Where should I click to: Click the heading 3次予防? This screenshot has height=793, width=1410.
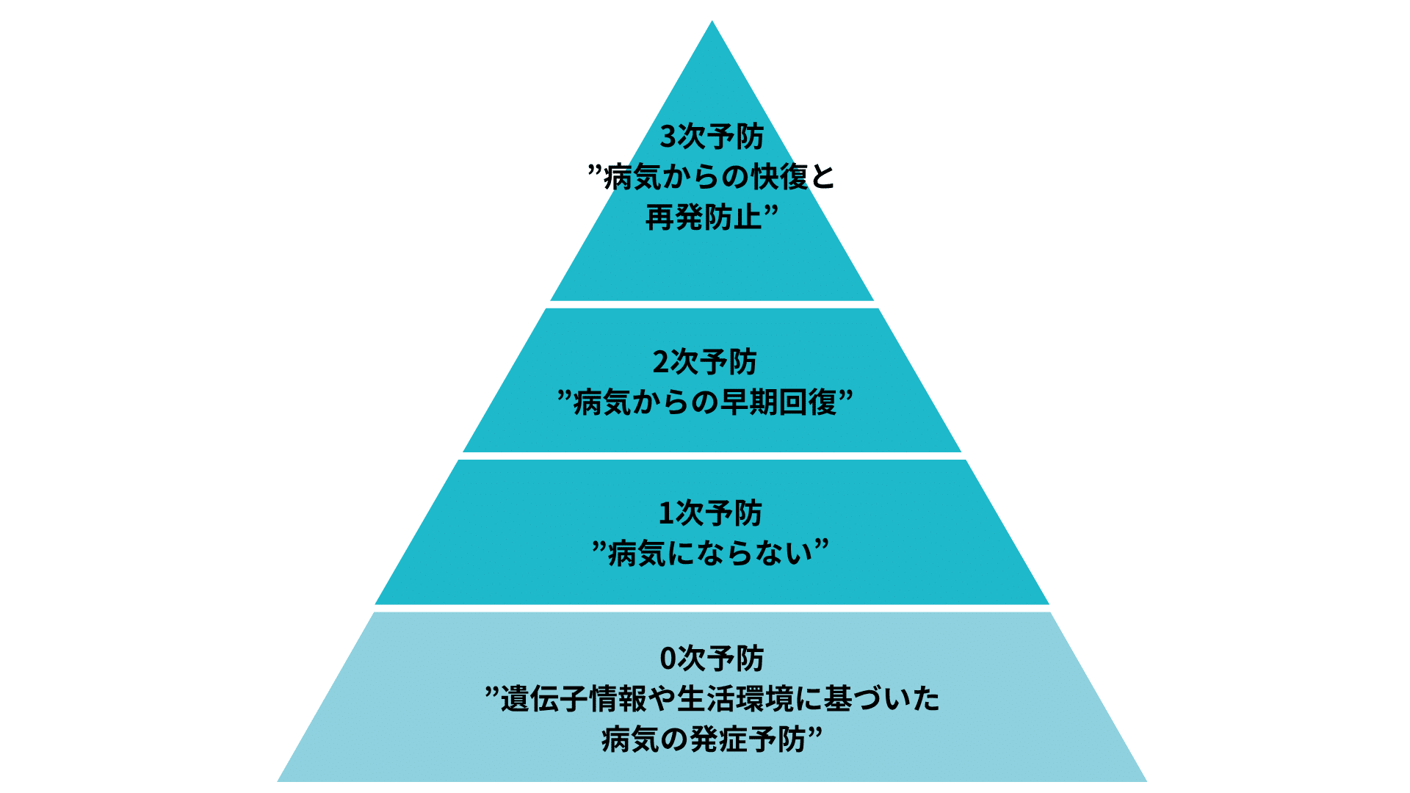pyautogui.click(x=712, y=137)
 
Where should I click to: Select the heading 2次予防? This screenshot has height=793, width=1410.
pyautogui.click(x=704, y=362)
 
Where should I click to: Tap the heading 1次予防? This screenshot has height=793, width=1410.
pyautogui.click(x=710, y=513)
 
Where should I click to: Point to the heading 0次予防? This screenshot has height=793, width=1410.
pyautogui.click(x=712, y=659)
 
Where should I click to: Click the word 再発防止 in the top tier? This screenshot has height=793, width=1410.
pyautogui.click(x=704, y=218)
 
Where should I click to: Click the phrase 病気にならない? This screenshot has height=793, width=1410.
pyautogui.click(x=711, y=554)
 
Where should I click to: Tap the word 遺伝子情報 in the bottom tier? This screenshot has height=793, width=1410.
pyautogui.click(x=574, y=699)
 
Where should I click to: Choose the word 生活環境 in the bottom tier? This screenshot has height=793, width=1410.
pyautogui.click(x=736, y=699)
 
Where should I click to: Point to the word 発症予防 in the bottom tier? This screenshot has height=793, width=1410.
pyautogui.click(x=748, y=739)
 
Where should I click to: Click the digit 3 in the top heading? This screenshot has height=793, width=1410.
pyautogui.click(x=668, y=137)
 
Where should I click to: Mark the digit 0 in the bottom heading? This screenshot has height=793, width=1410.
pyautogui.click(x=668, y=659)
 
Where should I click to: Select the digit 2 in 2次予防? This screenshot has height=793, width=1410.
pyautogui.click(x=660, y=363)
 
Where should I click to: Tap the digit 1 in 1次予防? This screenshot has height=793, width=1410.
pyautogui.click(x=666, y=514)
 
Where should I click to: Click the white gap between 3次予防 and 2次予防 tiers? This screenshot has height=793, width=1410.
pyautogui.click(x=712, y=305)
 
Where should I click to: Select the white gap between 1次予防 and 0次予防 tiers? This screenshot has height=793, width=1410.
pyautogui.click(x=712, y=609)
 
